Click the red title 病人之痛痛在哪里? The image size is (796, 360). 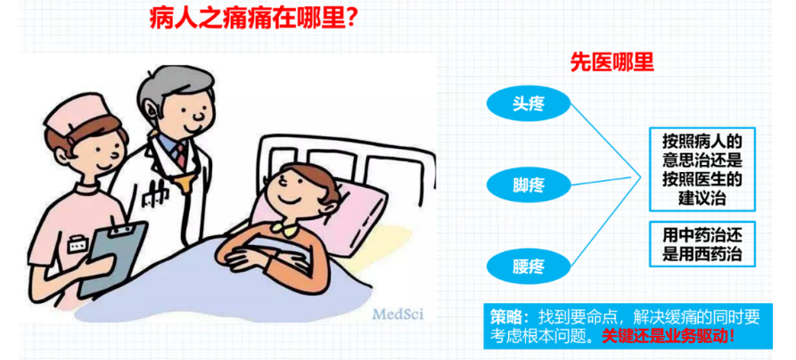point(252,20)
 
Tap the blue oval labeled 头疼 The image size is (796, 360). point(528,103)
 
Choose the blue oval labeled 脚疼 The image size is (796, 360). point(528,184)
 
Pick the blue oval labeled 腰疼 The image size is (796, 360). point(528,266)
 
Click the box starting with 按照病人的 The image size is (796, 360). point(702,169)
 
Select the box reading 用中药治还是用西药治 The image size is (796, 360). point(702,244)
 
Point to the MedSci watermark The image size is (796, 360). point(398,314)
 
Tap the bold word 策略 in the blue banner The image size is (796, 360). point(505,317)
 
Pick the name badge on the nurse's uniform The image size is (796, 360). point(76,244)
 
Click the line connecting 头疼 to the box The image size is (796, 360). point(605,141)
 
